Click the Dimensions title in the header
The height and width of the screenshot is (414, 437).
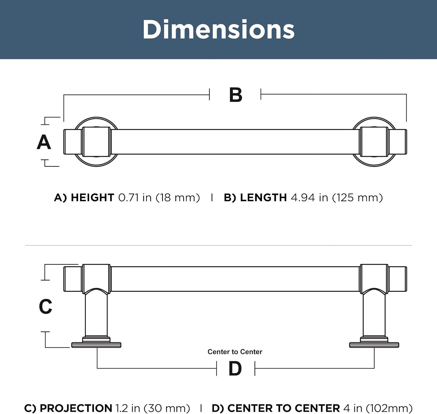218,29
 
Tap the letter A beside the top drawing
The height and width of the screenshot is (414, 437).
44,142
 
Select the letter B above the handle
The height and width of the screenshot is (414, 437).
236,95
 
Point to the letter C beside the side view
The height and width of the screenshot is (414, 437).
45,306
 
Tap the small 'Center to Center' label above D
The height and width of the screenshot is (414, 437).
235,352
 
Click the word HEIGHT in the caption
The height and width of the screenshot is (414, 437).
92,198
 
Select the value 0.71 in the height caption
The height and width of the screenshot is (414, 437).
128,198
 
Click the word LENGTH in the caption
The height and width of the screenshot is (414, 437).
263,198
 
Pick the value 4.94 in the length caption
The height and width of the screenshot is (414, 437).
303,198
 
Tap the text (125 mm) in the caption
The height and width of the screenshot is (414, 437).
357,198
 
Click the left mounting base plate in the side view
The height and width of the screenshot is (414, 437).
96,345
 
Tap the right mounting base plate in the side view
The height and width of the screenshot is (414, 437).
374,345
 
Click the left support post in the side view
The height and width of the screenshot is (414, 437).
96,315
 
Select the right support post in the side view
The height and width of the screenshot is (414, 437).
374,315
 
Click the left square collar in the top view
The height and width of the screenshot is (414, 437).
96,142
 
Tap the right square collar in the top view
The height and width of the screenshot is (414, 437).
374,142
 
